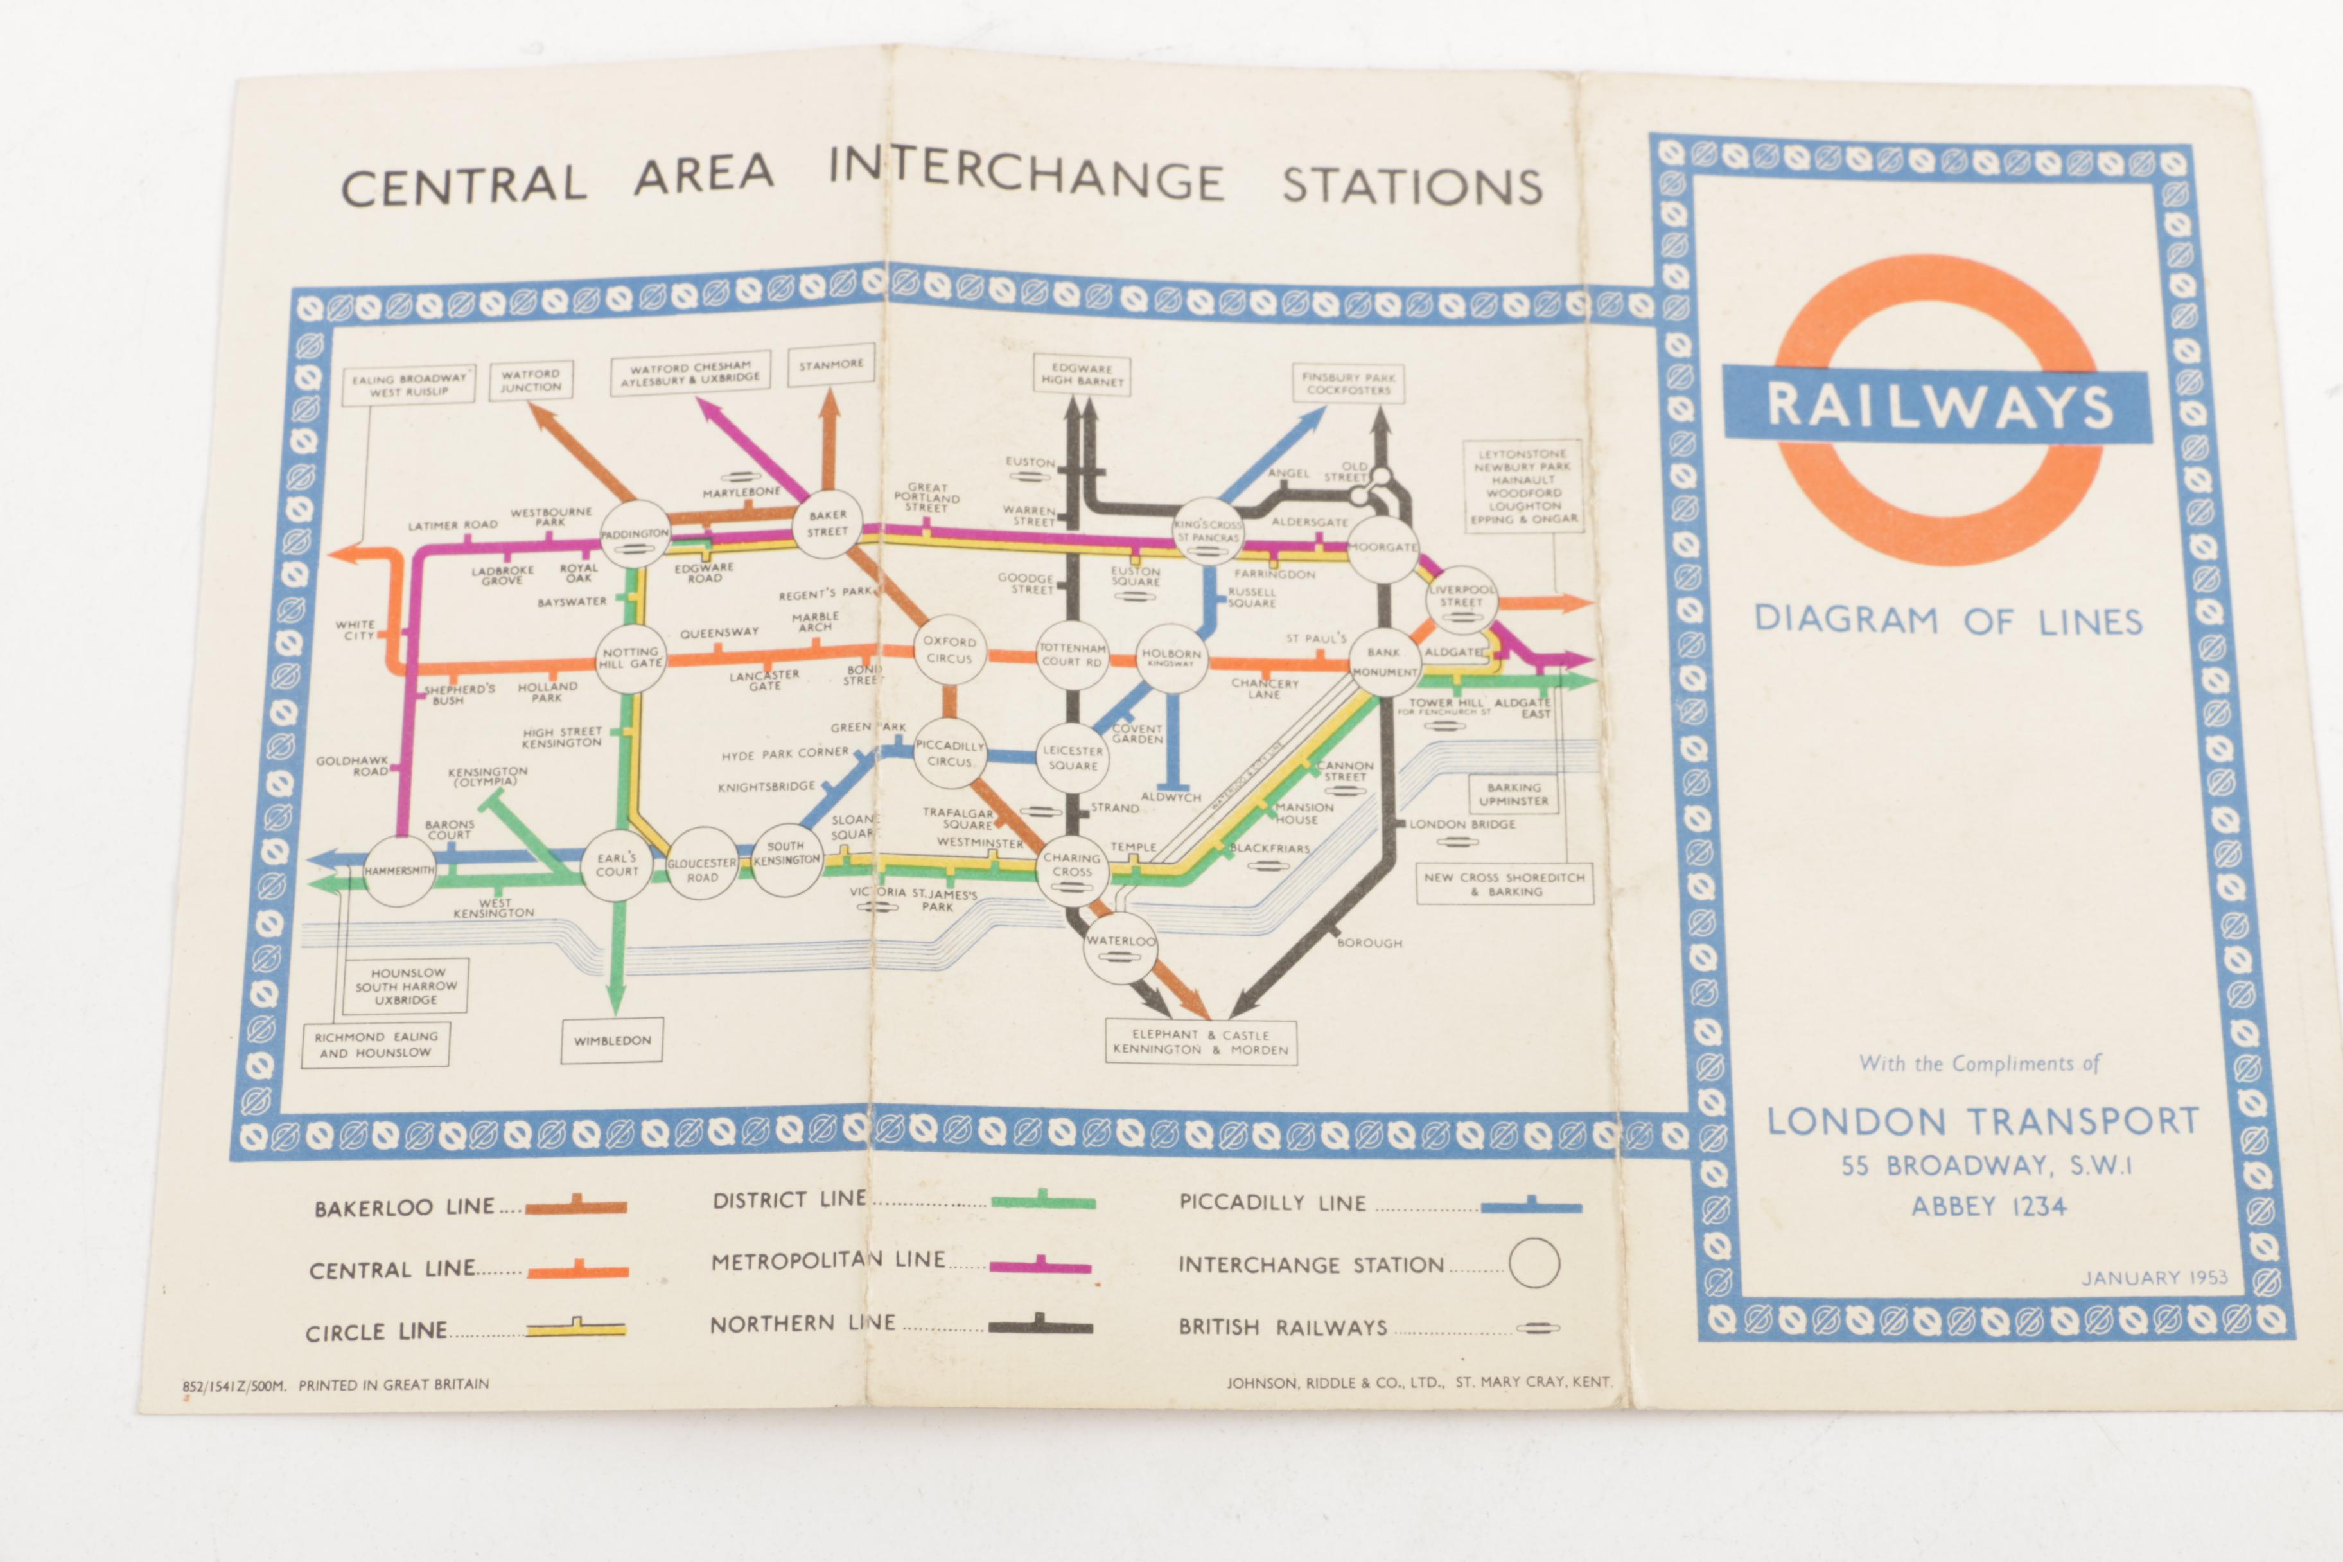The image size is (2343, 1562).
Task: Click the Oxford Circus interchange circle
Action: click(x=949, y=651)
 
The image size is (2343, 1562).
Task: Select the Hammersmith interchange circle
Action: click(x=398, y=871)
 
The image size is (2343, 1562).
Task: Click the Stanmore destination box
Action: click(x=831, y=365)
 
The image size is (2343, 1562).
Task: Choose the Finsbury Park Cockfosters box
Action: click(x=1348, y=383)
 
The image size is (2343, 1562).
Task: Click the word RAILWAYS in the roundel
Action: click(x=1938, y=407)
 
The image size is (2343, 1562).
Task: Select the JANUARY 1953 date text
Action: click(x=2154, y=1277)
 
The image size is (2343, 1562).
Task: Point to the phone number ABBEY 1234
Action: click(x=1988, y=1206)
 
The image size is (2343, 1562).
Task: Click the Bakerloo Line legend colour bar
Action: click(x=575, y=1207)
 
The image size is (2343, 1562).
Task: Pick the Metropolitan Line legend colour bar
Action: click(x=1040, y=1267)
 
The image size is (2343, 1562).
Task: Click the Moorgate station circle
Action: click(x=1383, y=548)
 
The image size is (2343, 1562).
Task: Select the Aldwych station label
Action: click(x=1170, y=798)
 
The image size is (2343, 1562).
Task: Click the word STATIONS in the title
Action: click(x=1412, y=186)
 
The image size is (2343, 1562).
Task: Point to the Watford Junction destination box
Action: click(x=531, y=380)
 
